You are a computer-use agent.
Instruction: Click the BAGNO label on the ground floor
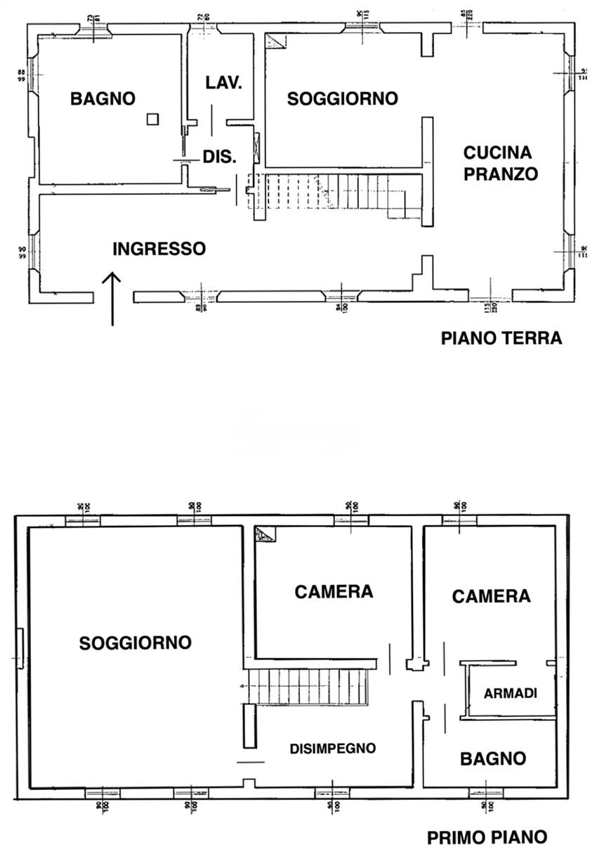pyautogui.click(x=103, y=99)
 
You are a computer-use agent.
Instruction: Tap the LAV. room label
pyautogui.click(x=224, y=83)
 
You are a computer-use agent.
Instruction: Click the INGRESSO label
pyautogui.click(x=159, y=249)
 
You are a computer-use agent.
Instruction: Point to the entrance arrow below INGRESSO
pyautogui.click(x=112, y=299)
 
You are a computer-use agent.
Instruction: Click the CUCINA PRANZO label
pyautogui.click(x=500, y=163)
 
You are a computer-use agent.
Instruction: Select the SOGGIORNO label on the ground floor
pyautogui.click(x=343, y=99)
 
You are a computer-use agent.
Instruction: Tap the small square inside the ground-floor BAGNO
pyautogui.click(x=152, y=119)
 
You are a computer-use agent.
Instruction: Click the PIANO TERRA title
pyautogui.click(x=501, y=338)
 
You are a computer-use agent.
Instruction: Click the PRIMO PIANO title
pyautogui.click(x=487, y=838)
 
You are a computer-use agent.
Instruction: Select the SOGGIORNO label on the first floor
pyautogui.click(x=136, y=642)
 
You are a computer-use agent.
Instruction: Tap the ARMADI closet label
pyautogui.click(x=511, y=693)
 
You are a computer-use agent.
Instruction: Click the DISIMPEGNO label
pyautogui.click(x=333, y=749)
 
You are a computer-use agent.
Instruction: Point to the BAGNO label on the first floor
pyautogui.click(x=493, y=759)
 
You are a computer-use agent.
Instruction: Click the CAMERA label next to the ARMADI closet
pyautogui.click(x=491, y=597)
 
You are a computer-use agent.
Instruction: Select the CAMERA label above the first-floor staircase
pyautogui.click(x=334, y=592)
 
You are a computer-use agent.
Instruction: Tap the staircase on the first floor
pyautogui.click(x=309, y=685)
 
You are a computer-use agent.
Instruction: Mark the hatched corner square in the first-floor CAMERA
pyautogui.click(x=265, y=535)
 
